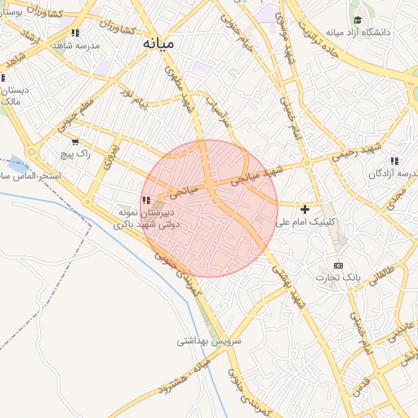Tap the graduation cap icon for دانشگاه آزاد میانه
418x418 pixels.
358,20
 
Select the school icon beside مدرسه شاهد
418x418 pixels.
75,33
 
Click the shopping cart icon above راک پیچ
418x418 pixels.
75,141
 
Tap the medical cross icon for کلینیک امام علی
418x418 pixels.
305,210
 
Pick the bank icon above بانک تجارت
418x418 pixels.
339,265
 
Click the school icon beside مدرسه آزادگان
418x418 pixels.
395,161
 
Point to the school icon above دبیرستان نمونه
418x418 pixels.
145,200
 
